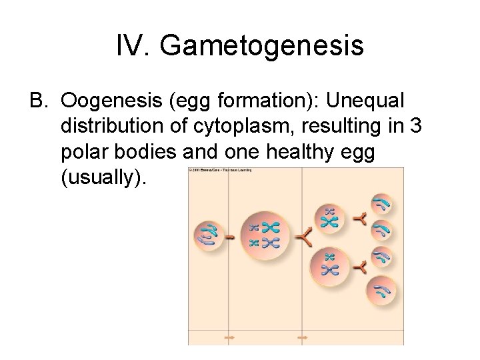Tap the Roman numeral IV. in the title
coord(134,46)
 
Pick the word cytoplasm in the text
coord(257,126)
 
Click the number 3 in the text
coord(417,126)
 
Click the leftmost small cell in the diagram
coord(209,236)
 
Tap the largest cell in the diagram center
coord(265,236)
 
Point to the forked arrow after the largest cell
coord(304,237)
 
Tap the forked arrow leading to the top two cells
coord(360,218)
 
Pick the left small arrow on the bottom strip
coord(229,338)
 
